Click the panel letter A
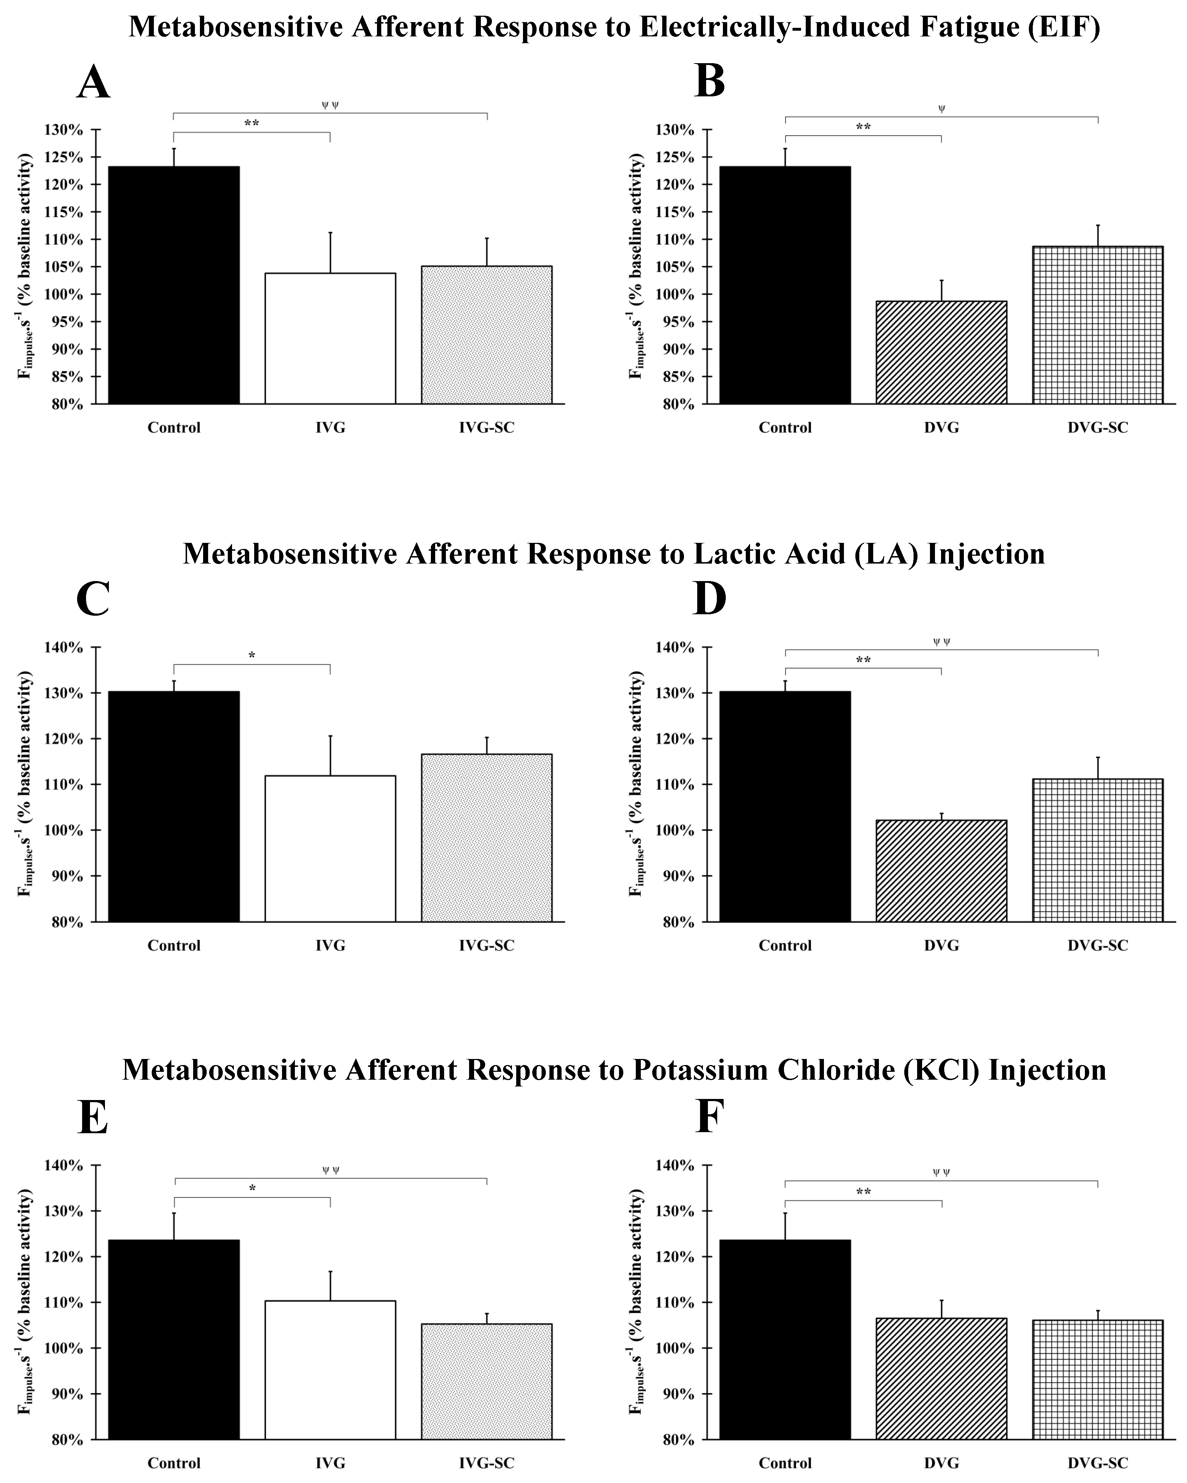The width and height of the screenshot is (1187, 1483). pyautogui.click(x=94, y=83)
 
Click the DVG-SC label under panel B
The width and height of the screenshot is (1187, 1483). pyautogui.click(x=1097, y=427)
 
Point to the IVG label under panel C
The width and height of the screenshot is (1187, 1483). pyautogui.click(x=330, y=945)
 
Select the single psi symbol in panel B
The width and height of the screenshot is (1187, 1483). pyautogui.click(x=941, y=108)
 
